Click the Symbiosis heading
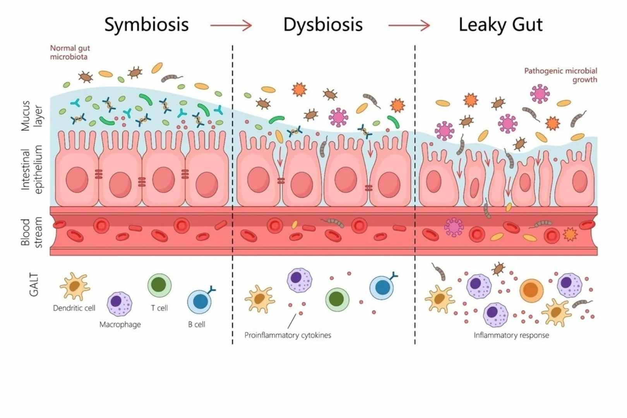[x=146, y=25]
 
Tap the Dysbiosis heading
[x=323, y=25]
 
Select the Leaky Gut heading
[x=500, y=25]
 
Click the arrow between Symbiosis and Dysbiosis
[x=231, y=26]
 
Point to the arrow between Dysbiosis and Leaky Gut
[x=409, y=26]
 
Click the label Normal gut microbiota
[x=70, y=52]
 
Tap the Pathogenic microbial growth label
[x=560, y=75]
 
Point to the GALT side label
[x=34, y=284]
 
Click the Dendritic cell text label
[x=74, y=308]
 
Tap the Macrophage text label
[x=120, y=324]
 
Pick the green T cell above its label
[x=159, y=285]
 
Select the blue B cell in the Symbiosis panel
[x=200, y=302]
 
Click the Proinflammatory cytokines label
[x=288, y=335]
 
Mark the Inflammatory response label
[x=511, y=335]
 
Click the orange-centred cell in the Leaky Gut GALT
[x=531, y=290]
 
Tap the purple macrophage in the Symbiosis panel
[x=119, y=303]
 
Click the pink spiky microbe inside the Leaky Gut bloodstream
[x=454, y=227]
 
